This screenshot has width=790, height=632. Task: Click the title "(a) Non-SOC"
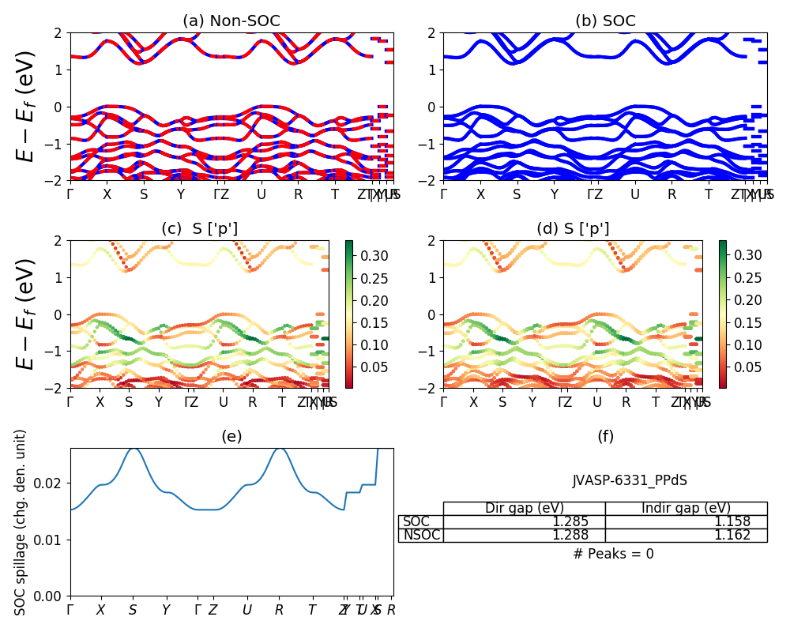tap(231, 21)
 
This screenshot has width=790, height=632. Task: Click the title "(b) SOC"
tap(605, 21)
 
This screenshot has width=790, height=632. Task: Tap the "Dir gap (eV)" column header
tap(524, 508)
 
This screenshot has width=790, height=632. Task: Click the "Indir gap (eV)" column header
tap(686, 508)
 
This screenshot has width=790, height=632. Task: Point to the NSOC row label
tap(422, 536)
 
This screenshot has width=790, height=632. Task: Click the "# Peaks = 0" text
tap(613, 554)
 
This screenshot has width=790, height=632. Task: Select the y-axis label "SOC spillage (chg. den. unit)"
tap(21, 522)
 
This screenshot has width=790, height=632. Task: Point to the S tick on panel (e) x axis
tap(133, 610)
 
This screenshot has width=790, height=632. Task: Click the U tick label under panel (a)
tap(261, 194)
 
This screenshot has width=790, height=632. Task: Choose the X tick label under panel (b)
tap(480, 194)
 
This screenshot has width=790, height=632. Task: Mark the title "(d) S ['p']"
tap(573, 229)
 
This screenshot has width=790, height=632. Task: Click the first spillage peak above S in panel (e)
tap(134, 448)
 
